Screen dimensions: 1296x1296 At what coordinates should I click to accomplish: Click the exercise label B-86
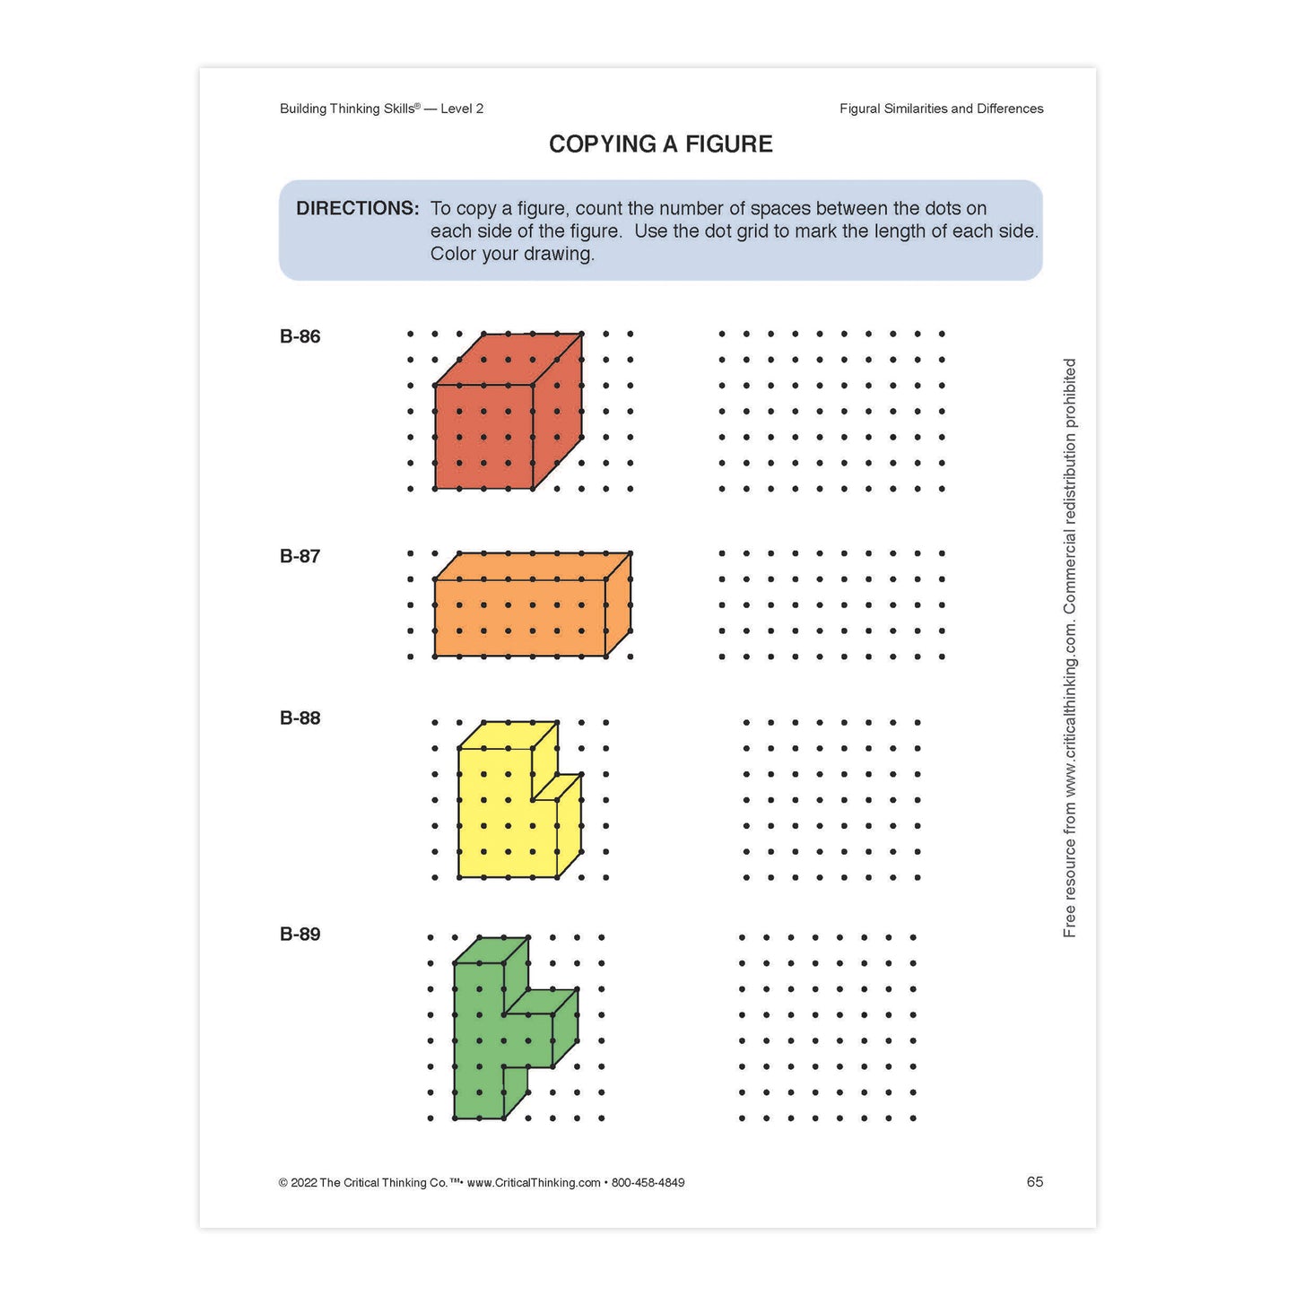pos(300,337)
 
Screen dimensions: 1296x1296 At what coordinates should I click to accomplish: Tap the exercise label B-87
pos(300,557)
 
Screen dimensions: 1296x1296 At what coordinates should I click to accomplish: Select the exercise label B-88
pos(300,718)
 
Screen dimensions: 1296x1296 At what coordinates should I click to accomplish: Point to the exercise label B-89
pos(300,935)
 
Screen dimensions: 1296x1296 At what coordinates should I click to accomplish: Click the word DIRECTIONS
pos(357,209)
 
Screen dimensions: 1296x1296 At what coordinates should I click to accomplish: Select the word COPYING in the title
pos(603,144)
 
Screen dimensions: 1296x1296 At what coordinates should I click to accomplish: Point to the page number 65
pos(1035,1182)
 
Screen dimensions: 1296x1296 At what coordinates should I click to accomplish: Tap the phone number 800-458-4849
pos(648,1183)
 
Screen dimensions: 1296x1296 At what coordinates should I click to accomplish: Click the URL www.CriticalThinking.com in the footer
pos(534,1183)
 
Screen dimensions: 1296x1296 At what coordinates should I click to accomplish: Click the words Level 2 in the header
pos(462,109)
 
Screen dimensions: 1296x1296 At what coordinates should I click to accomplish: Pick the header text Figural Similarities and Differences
pos(941,109)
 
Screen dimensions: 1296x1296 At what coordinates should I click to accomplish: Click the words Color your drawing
pos(512,255)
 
